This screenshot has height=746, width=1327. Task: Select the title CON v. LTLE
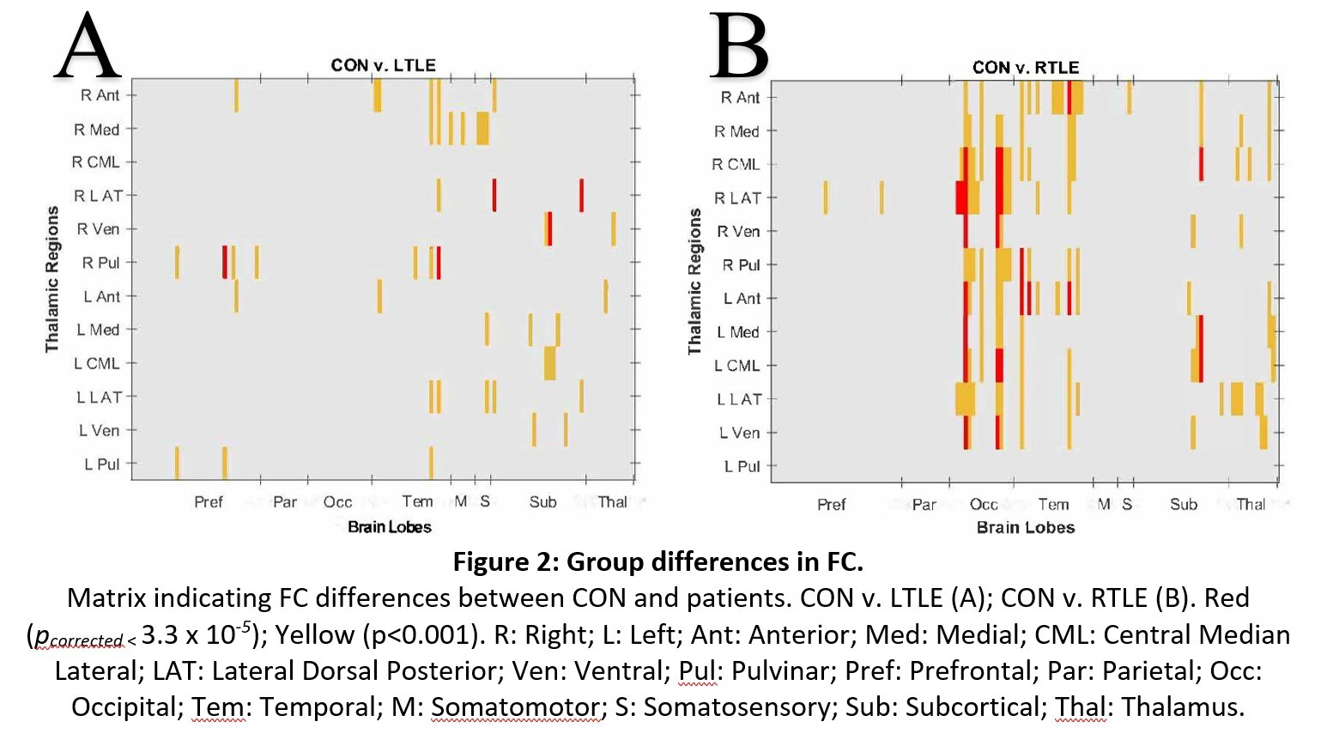tap(383, 65)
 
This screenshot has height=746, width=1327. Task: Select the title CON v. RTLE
tap(1025, 67)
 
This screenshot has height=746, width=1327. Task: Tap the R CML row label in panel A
tap(95, 162)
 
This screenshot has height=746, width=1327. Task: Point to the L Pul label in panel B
tap(742, 466)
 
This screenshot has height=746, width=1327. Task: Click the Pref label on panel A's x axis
tap(208, 502)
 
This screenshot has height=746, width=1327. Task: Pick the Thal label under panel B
tap(1251, 505)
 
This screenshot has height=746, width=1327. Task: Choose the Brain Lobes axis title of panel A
tap(389, 527)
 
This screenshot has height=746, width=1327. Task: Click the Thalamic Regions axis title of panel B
tap(694, 282)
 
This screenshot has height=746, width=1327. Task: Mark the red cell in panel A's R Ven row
tap(549, 229)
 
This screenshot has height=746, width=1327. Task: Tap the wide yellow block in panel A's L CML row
tap(549, 363)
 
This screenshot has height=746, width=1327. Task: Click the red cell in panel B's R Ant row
tap(1069, 97)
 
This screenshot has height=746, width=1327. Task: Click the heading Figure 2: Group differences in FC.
tap(657, 561)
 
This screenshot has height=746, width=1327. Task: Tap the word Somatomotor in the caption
tap(515, 707)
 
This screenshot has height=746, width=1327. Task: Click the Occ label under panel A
tap(337, 502)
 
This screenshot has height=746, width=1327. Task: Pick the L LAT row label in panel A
tap(99, 397)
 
